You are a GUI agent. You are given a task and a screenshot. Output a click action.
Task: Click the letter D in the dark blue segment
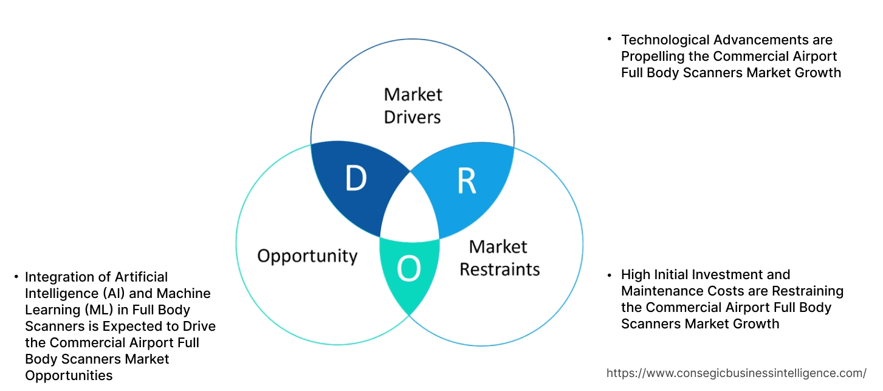(356, 178)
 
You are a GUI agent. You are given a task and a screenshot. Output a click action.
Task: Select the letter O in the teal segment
(409, 269)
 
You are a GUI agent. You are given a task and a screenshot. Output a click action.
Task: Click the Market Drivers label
(413, 105)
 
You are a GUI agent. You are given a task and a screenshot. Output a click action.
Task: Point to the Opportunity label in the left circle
(307, 255)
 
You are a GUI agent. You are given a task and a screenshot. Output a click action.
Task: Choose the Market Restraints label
(499, 257)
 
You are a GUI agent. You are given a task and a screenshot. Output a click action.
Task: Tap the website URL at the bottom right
(737, 373)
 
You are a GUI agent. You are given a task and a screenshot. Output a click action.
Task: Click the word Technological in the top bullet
(666, 40)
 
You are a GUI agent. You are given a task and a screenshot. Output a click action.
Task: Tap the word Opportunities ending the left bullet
(69, 376)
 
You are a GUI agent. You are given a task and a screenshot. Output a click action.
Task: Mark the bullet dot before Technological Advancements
(609, 39)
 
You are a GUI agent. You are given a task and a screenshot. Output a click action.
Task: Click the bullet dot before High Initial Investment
(609, 274)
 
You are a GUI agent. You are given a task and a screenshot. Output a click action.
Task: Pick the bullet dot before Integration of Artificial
(16, 277)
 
